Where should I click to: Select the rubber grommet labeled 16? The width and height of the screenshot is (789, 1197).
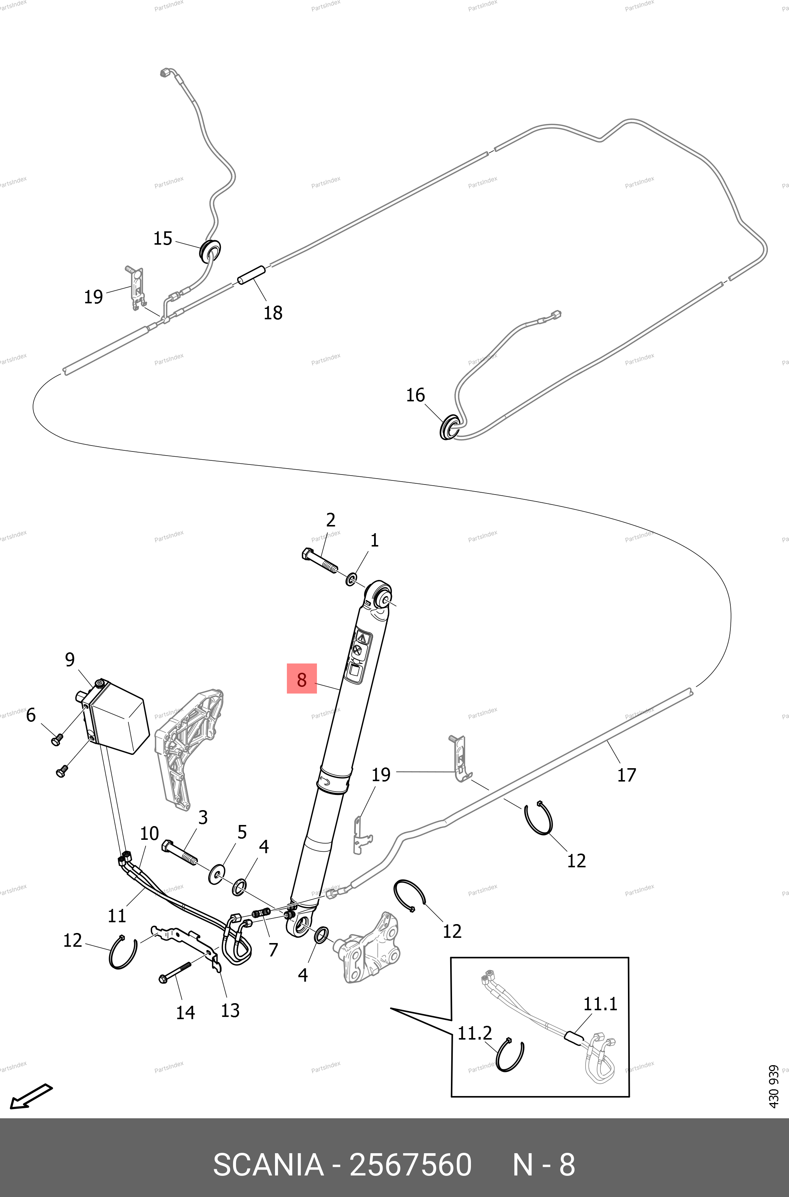[449, 427]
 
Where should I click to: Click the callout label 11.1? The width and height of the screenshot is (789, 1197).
[600, 1004]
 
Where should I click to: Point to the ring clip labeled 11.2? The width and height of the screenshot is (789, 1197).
[509, 1055]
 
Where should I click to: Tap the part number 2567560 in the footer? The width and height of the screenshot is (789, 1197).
[410, 1160]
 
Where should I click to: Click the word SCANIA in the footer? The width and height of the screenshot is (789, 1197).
[268, 1160]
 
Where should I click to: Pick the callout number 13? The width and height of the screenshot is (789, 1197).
[230, 1010]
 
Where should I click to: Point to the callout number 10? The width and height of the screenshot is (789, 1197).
[149, 833]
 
